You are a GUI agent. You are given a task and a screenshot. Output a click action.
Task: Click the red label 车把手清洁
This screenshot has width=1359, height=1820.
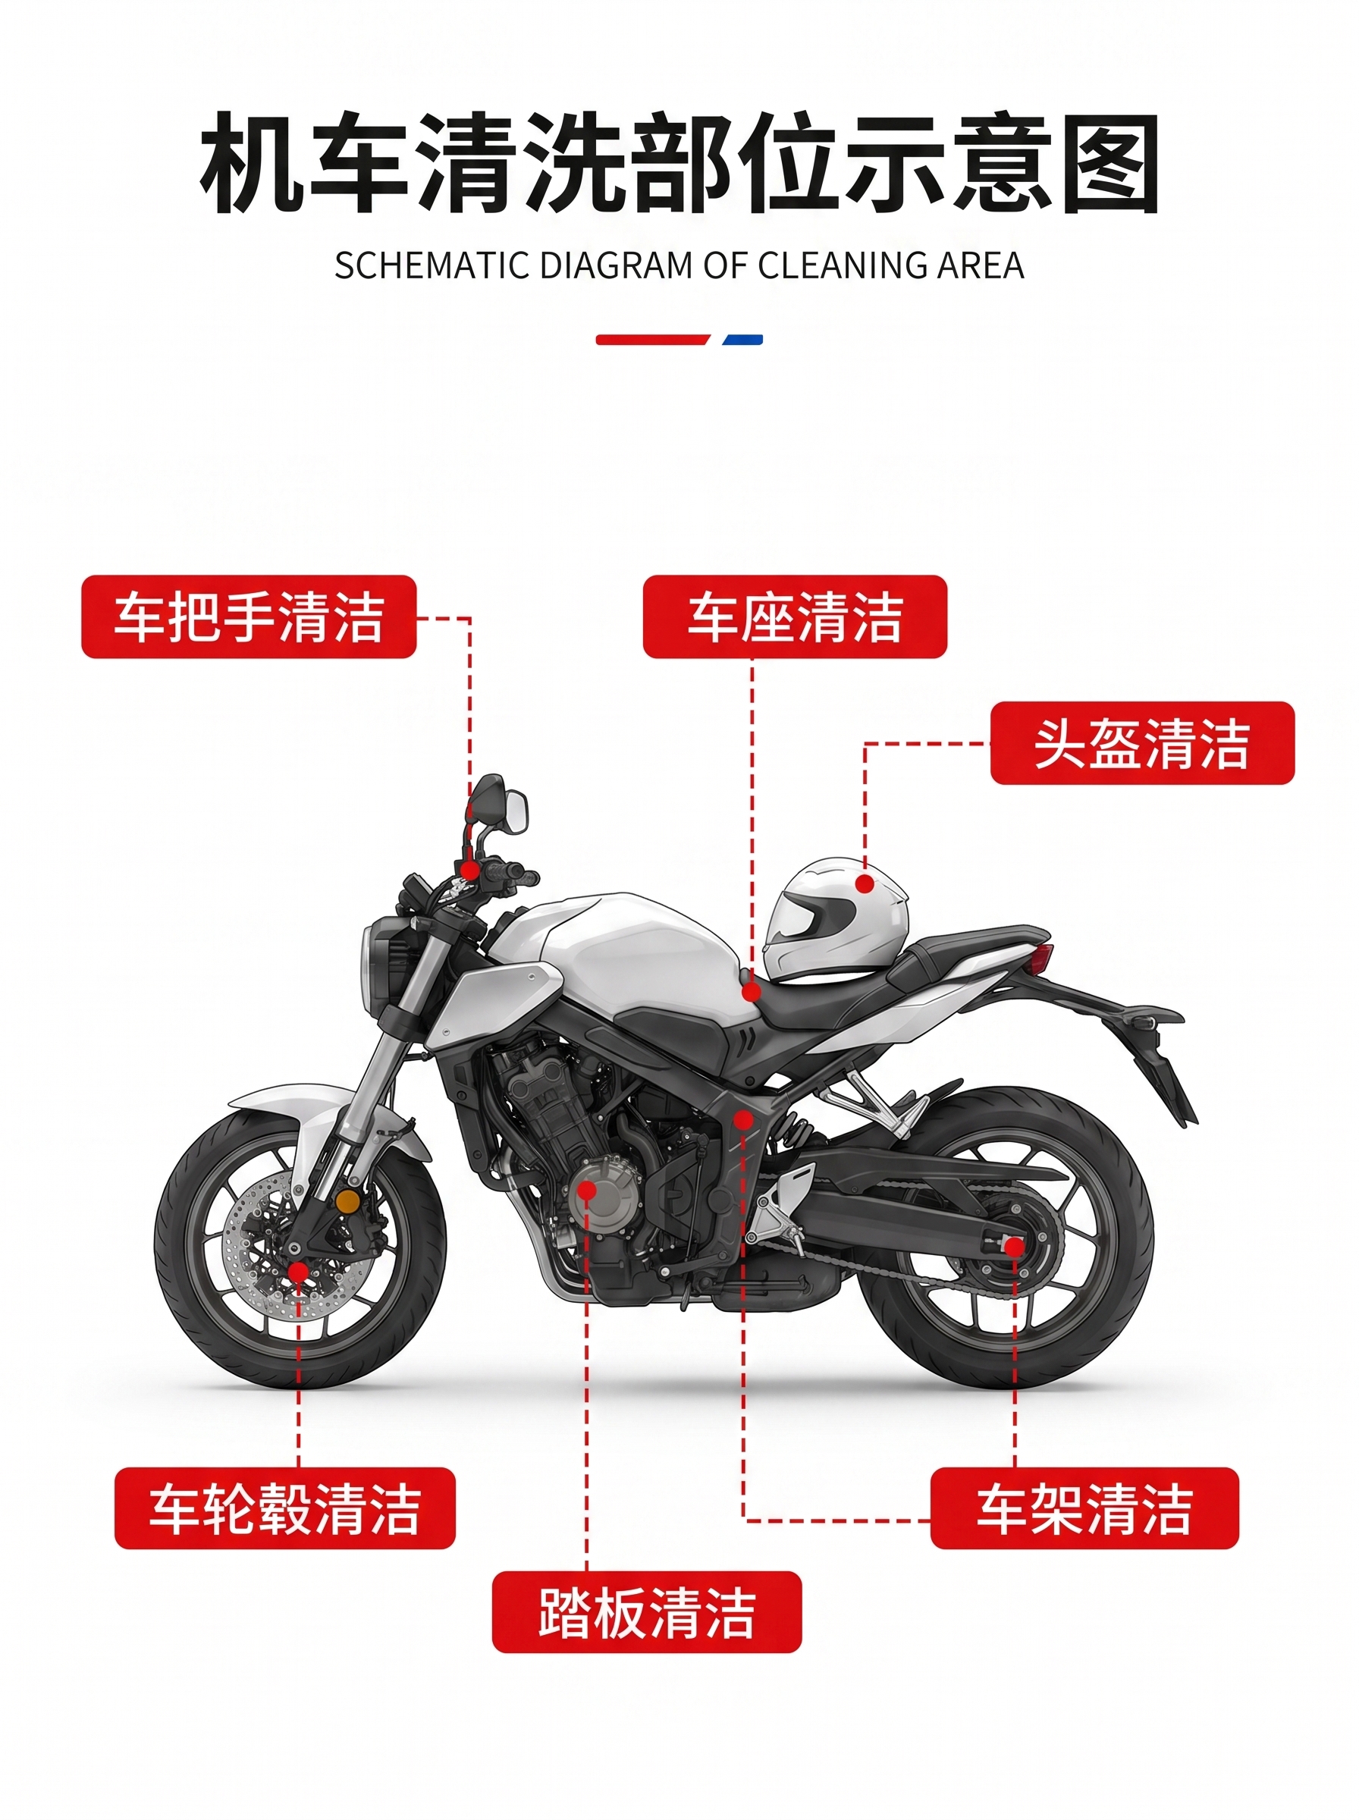pyautogui.click(x=249, y=617)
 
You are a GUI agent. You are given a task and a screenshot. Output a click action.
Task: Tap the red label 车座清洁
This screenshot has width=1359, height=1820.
pyautogui.click(x=795, y=617)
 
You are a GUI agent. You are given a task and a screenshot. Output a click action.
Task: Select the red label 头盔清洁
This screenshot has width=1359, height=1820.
pyautogui.click(x=1142, y=742)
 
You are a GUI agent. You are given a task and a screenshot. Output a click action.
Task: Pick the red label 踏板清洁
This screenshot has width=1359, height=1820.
pyautogui.click(x=647, y=1612)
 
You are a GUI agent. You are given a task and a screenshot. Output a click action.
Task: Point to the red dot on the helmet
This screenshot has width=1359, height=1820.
pyautogui.click(x=864, y=883)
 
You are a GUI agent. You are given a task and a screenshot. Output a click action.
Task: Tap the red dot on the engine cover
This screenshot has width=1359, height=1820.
pyautogui.click(x=586, y=1190)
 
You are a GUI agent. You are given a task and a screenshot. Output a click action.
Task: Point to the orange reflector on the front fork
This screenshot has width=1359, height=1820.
pyautogui.click(x=348, y=1201)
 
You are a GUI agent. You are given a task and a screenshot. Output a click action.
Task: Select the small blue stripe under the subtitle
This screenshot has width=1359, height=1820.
pyautogui.click(x=742, y=340)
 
